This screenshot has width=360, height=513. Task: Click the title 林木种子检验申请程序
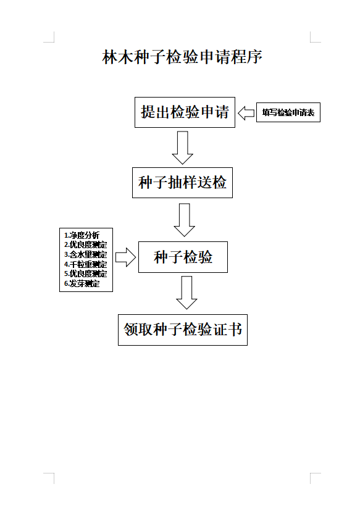[182, 57]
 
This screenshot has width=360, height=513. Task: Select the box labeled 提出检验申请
[185, 112]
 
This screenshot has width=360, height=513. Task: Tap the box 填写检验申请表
[288, 112]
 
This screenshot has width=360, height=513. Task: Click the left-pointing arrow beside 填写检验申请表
[246, 112]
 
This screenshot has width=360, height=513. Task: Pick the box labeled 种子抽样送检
[182, 182]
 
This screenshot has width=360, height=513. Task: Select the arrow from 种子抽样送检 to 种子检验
[184, 220]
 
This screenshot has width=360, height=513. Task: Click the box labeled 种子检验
[183, 257]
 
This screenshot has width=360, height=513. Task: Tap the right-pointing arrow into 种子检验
[125, 257]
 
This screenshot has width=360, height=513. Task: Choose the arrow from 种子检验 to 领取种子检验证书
[186, 292]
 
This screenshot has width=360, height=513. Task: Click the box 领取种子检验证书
[182, 330]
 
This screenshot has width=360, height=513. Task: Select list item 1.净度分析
[82, 235]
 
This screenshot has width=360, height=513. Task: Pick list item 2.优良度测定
[85, 245]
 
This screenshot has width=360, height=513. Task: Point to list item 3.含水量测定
[85, 254]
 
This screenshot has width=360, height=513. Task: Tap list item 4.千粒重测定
[85, 264]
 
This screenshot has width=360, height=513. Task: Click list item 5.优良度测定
[85, 273]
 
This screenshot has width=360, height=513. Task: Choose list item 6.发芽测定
[82, 283]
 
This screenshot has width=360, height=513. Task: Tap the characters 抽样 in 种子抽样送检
[182, 182]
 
